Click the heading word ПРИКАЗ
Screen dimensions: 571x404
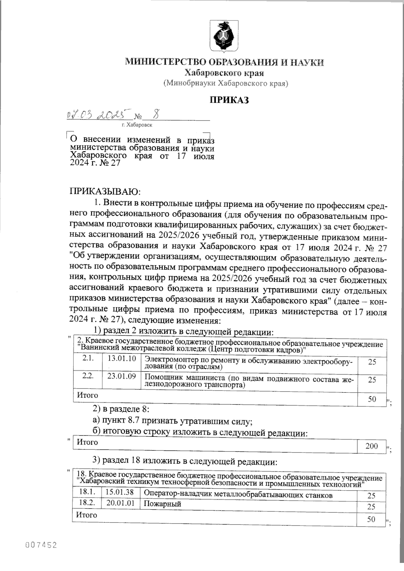229,100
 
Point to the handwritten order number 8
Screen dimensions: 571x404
155,115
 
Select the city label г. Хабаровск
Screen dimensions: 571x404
137,125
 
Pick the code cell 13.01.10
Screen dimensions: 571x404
122,359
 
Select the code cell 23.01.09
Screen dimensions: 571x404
122,376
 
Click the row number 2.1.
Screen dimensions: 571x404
88,359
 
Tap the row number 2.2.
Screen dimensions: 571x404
88,376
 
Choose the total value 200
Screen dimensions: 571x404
372,446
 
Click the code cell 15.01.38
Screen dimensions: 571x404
120,492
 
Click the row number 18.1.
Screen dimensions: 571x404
86,492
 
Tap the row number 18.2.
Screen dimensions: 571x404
86,503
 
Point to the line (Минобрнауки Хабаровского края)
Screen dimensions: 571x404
226,83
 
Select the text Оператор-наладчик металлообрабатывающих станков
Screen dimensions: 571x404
238,495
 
